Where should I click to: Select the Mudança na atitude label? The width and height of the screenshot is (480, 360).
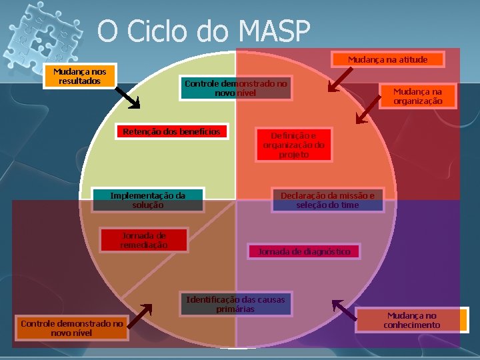tap(387, 59)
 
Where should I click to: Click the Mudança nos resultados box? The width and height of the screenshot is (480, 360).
tap(79, 76)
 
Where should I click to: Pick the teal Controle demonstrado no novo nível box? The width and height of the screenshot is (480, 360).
tap(235, 88)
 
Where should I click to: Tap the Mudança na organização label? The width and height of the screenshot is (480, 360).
tap(417, 96)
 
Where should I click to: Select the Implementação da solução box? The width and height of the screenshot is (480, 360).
tap(147, 200)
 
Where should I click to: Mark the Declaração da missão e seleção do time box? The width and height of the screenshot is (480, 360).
tap(327, 200)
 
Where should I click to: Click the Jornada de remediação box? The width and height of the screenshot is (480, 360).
tap(143, 240)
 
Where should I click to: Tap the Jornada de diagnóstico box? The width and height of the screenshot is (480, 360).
tap(303, 251)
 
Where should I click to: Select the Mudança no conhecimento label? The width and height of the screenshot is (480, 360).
tap(411, 320)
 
